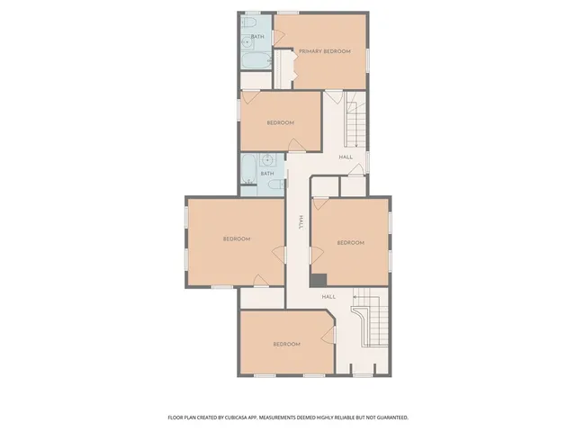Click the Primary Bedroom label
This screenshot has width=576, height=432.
[x=320, y=51]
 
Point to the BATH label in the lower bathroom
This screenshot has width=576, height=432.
[x=267, y=173]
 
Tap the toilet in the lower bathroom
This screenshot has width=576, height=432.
[x=271, y=186]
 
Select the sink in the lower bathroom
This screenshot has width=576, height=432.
[x=266, y=160]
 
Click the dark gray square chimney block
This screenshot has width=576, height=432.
[x=318, y=280]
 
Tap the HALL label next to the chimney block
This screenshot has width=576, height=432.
[x=328, y=296]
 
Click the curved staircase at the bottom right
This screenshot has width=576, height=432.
[x=371, y=324]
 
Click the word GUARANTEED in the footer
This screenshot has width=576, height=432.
[x=389, y=418]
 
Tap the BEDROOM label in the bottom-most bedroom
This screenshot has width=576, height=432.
[x=285, y=344]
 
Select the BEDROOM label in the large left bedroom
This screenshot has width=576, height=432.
[x=236, y=238]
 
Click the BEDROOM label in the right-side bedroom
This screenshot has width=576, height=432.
[x=350, y=242]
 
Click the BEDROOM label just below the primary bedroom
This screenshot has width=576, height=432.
[x=280, y=123]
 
